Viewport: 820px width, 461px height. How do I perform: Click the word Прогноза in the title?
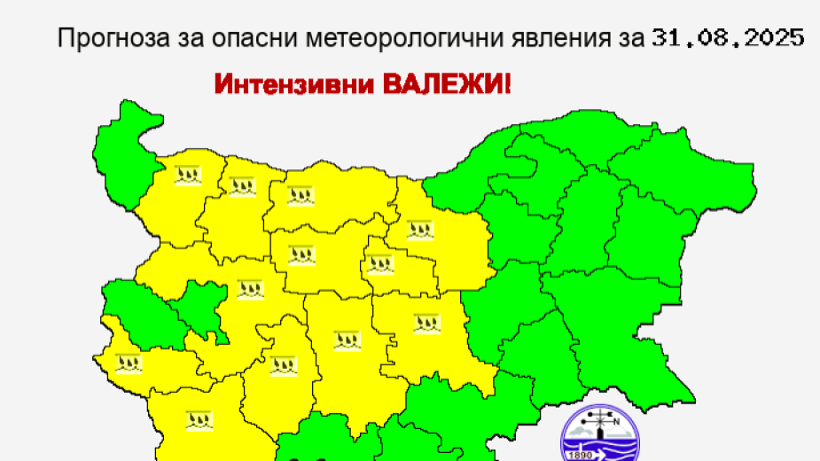pyautogui.click(x=97, y=38)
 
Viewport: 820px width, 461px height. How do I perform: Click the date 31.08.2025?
pyautogui.click(x=727, y=38)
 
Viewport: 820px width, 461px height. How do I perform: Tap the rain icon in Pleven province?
pyautogui.click(x=301, y=193)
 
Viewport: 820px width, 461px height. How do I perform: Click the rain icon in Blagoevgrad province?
pyautogui.click(x=197, y=419)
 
